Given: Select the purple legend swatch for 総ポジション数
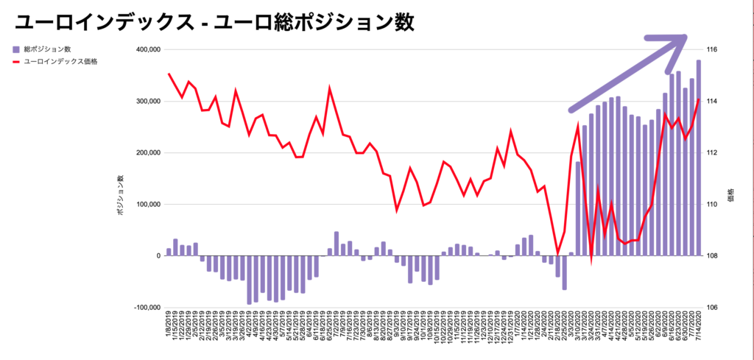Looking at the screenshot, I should click(x=16, y=49).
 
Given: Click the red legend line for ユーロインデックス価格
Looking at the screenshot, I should click(x=16, y=62).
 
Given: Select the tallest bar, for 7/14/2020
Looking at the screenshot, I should click(x=698, y=158).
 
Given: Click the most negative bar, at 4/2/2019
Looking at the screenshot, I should click(x=249, y=280).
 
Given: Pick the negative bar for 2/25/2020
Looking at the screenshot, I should click(x=565, y=272).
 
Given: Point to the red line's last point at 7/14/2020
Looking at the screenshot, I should click(x=698, y=99).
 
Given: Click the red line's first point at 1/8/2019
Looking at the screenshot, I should click(x=169, y=73).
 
